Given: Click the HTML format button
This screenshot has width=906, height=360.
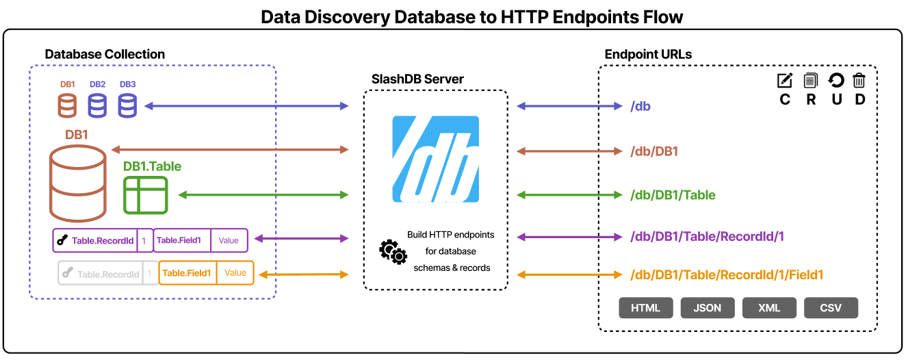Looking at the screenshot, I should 646,308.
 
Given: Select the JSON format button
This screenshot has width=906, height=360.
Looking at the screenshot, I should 708,308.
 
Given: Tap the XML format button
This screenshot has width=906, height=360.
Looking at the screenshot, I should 769,308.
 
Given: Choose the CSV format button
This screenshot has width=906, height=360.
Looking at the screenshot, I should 831,308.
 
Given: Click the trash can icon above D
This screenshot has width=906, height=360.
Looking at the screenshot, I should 859,81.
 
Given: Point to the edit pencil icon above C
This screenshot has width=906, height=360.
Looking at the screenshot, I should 785,81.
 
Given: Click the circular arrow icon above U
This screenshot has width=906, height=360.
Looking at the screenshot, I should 836,81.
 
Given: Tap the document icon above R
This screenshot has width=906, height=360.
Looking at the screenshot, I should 811,81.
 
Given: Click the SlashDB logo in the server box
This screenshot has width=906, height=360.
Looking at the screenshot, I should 435,159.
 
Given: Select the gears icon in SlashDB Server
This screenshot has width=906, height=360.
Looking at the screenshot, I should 393,252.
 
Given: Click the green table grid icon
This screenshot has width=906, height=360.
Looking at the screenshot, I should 145,195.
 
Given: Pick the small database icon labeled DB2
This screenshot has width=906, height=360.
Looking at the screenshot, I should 97,105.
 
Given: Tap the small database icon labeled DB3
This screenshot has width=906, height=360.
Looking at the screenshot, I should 127,105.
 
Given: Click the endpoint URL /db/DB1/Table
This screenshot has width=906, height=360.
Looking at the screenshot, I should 672,195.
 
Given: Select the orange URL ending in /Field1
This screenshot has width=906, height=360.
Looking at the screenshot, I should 726,275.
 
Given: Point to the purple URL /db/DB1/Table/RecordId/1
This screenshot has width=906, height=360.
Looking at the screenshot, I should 706,237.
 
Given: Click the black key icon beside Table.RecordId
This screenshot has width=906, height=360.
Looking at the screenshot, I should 62,240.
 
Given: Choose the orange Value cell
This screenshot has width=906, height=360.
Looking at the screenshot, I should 235,273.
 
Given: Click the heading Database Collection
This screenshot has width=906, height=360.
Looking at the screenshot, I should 105,54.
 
